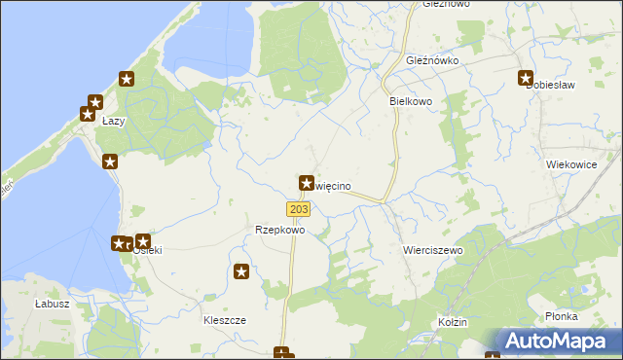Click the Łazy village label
tap(112, 122)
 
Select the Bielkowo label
tap(410, 100)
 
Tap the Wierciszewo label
tap(432, 250)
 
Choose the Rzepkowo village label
tap(279, 231)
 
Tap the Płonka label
tap(563, 316)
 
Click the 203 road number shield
tap(299, 209)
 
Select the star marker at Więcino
tap(306, 182)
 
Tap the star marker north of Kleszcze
tap(242, 272)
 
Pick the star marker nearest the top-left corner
tap(126, 79)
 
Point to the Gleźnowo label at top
tap(446, 4)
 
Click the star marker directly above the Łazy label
tap(94, 101)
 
